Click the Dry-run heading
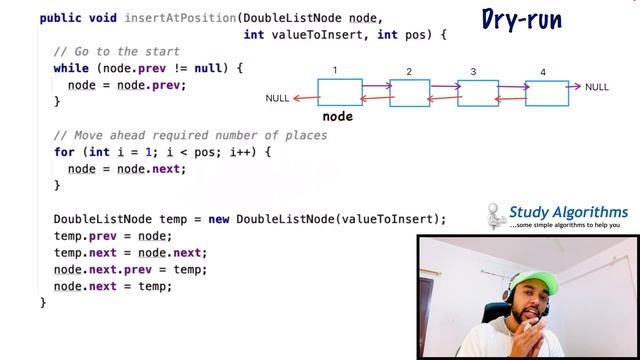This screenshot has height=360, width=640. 521,19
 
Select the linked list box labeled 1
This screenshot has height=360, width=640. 339,92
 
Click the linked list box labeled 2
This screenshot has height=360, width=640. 409,93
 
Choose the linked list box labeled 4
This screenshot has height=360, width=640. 547,93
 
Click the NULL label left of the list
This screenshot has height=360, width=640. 277,98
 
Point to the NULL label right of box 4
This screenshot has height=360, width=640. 597,87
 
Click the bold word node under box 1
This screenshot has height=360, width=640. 338,116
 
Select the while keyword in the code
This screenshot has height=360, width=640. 72,68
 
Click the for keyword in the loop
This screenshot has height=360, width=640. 64,152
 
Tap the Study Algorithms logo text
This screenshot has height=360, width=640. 568,212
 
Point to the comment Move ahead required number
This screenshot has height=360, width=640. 190,135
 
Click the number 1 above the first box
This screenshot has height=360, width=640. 335,71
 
